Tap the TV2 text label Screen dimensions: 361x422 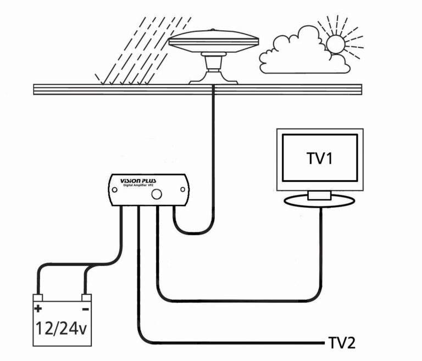coord(341,343)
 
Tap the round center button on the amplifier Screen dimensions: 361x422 coord(157,193)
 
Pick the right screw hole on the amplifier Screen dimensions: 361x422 coord(183,190)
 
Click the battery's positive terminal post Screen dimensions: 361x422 coord(37,298)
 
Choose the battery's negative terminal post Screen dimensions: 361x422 coord(86,298)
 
